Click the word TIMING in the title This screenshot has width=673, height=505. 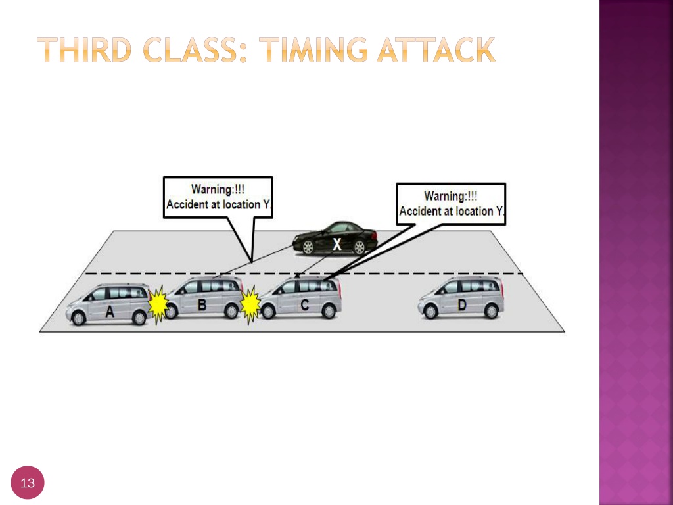click(313, 50)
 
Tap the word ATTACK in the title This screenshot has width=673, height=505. click(436, 50)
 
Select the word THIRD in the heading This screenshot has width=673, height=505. click(84, 50)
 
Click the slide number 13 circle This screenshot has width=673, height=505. click(28, 483)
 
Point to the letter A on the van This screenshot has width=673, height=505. click(110, 312)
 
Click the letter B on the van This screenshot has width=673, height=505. click(202, 305)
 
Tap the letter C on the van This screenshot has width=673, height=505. click(305, 305)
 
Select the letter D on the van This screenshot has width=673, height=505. click(462, 305)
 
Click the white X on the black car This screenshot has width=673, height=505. click(337, 245)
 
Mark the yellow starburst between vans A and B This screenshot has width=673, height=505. click(158, 304)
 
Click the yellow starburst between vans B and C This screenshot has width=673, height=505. click(250, 304)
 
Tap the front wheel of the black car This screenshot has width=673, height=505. click(308, 247)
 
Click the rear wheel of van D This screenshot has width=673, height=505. click(491, 310)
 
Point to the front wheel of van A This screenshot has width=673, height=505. click(78, 318)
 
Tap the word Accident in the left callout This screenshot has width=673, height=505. click(185, 204)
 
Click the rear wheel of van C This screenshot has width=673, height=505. click(329, 310)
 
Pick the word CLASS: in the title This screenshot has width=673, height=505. click(195, 50)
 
